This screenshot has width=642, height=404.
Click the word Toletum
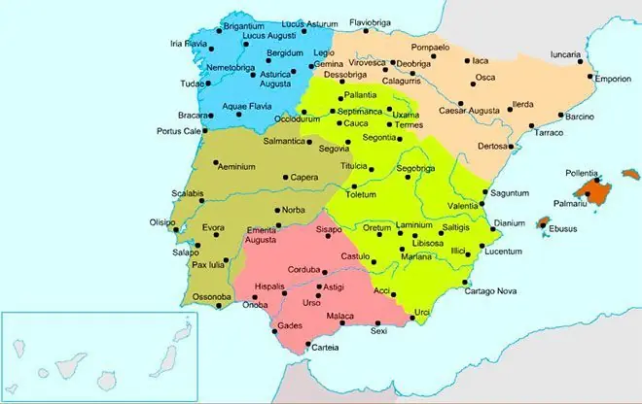tap(360, 194)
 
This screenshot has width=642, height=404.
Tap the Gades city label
tap(291, 324)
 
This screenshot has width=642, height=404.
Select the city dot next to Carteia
tap(309, 346)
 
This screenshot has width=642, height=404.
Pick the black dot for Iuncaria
tap(582, 61)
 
